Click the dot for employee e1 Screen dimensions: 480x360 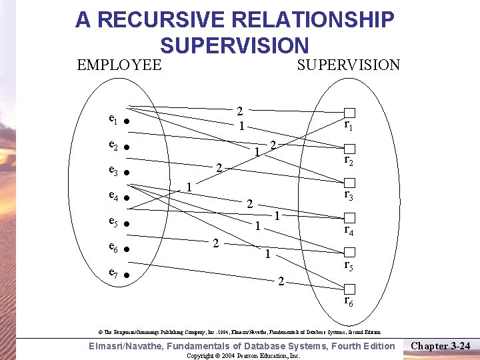click(126, 122)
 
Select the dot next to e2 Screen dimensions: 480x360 click(126, 147)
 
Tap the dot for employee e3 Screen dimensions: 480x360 click(126, 173)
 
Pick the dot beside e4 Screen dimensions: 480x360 click(126, 199)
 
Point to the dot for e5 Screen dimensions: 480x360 click(126, 224)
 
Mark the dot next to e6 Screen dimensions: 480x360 click(126, 250)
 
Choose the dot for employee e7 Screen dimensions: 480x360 click(126, 275)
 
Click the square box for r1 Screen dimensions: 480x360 click(350, 113)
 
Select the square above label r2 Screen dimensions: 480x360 click(350, 148)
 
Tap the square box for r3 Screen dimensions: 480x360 click(350, 183)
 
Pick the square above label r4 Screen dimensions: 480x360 click(350, 218)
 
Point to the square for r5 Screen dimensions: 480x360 click(350, 253)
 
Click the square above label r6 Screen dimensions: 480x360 click(350, 289)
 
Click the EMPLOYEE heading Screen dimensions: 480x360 click(119, 65)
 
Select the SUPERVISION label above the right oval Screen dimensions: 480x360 click(348, 65)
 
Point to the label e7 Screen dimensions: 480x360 click(113, 274)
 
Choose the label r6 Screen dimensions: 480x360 click(349, 301)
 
